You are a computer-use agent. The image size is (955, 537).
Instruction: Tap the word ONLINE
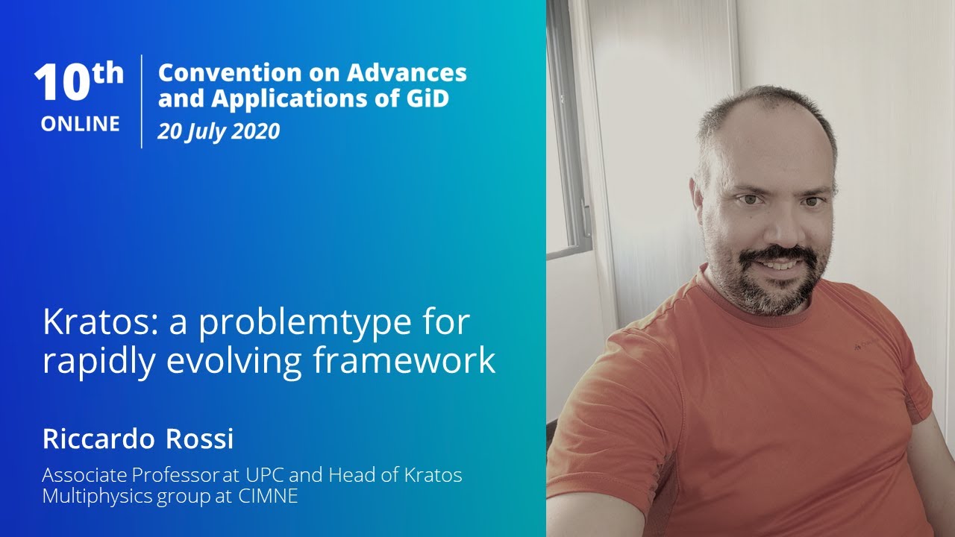point(81,124)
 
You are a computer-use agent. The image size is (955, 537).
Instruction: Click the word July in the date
point(201,132)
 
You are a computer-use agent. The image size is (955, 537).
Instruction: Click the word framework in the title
point(404,359)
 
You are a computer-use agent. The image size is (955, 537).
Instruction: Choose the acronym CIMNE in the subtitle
point(268,496)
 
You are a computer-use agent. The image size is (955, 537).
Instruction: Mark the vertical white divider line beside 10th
point(142,101)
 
